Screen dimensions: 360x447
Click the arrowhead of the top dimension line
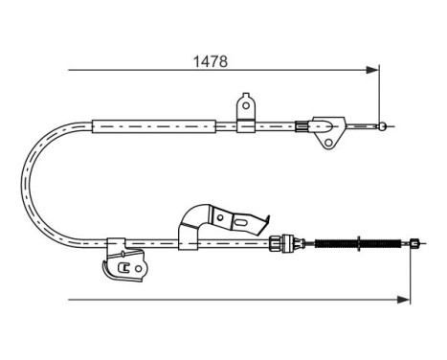coord(374,69)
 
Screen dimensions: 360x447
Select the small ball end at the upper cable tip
coord(383,125)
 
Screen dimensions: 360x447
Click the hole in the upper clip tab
coord(246,104)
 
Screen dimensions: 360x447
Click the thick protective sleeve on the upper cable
coord(152,125)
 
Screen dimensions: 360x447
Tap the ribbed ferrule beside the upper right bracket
coord(303,124)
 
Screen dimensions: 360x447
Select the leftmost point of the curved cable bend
coord(23,185)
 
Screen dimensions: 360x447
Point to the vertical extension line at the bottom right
coord(411,278)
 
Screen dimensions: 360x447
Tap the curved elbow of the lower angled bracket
coord(196,216)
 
